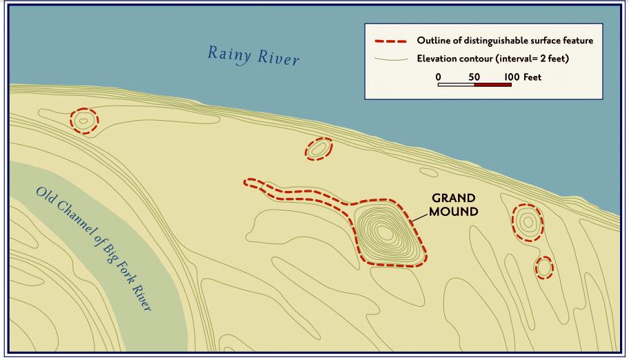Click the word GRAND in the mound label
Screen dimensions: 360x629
pos(453,199)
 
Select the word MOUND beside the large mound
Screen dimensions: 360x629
pos(453,212)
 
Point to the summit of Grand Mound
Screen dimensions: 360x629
pos(386,234)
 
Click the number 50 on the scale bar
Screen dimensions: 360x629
pos(474,77)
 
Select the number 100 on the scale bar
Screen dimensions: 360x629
pos(510,77)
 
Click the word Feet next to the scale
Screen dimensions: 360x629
pos(532,77)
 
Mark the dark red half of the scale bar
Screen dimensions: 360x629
pos(492,85)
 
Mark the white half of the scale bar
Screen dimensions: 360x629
pos(456,85)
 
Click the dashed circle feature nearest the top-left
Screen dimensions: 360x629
pos(84,121)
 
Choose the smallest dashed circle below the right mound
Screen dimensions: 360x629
pos(544,267)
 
